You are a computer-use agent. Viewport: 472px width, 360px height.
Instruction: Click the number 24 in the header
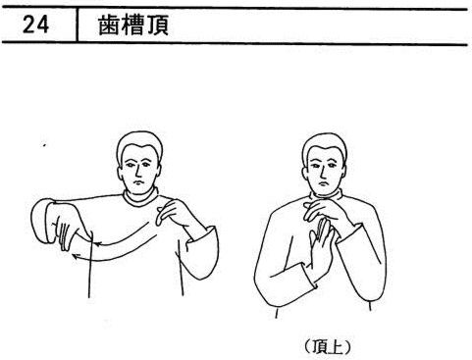click(35, 26)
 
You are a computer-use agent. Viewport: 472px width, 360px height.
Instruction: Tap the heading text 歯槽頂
click(133, 26)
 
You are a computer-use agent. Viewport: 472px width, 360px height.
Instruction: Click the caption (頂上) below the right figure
click(327, 347)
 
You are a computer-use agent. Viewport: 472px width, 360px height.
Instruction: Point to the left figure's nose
click(138, 170)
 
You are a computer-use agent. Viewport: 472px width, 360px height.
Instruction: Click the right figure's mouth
click(324, 182)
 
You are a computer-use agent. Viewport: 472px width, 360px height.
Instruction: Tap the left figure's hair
click(139, 142)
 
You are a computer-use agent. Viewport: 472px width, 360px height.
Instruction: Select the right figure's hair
click(325, 144)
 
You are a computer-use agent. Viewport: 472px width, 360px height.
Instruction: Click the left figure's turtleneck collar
click(141, 198)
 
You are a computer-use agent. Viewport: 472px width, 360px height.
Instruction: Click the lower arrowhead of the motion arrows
click(76, 256)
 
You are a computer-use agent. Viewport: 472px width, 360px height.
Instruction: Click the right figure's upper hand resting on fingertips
click(327, 213)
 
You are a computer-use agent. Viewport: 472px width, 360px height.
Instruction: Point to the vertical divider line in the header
click(78, 26)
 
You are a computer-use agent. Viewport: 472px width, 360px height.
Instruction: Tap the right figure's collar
click(326, 196)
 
